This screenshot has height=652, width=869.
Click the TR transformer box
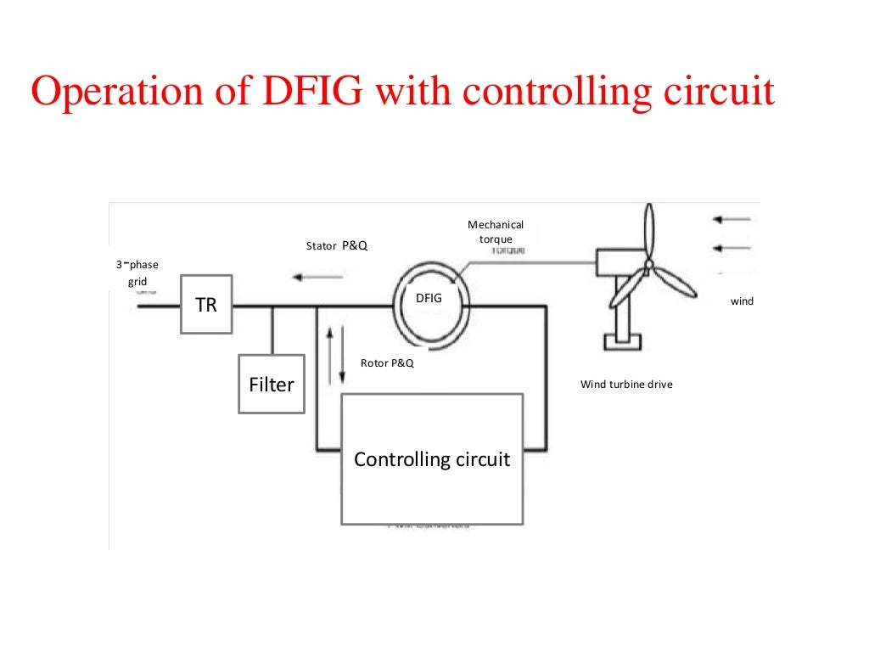[206, 305]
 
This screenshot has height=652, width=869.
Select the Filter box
[272, 385]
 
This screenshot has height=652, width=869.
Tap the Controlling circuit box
[431, 459]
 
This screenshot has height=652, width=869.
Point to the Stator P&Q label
[337, 246]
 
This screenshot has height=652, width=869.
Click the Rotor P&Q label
[387, 363]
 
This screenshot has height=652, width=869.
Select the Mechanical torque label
[496, 232]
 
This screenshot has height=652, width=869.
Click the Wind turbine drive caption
[626, 385]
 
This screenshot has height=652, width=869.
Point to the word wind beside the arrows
[742, 301]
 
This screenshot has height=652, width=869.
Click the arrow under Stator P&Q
[316, 276]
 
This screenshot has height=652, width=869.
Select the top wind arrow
[732, 219]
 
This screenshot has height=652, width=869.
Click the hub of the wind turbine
[649, 264]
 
